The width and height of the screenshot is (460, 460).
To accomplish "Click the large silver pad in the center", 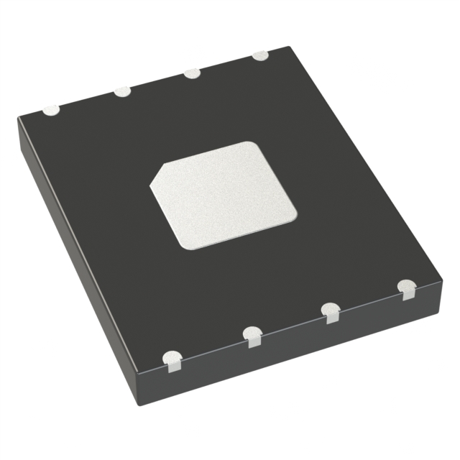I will click(x=223, y=195).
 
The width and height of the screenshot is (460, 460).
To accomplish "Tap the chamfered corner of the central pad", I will click(x=160, y=175).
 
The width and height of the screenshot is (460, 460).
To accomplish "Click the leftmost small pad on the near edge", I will click(x=173, y=360).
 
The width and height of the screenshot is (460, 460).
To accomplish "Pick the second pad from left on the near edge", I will click(x=252, y=336).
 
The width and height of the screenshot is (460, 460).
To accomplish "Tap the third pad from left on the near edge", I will click(x=331, y=312).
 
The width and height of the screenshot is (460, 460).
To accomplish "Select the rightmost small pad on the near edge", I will click(x=408, y=289).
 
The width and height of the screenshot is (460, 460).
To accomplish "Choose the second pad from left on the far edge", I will click(x=123, y=91).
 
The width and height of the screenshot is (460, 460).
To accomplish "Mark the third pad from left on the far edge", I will click(x=192, y=73).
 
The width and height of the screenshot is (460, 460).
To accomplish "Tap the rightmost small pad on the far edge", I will click(x=259, y=55).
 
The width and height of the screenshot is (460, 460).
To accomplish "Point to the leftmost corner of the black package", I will click(x=19, y=119).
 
